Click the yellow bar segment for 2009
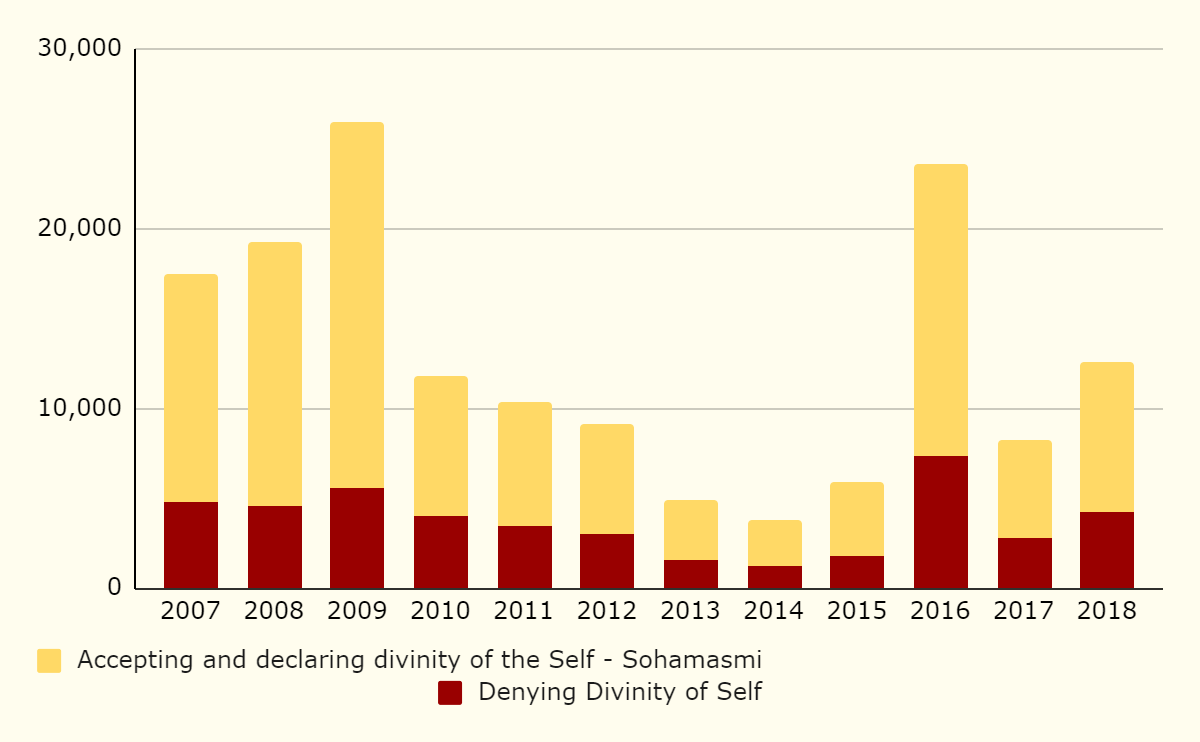(357, 305)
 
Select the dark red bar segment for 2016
(941, 522)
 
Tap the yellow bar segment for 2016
(941, 310)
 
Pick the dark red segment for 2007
(191, 545)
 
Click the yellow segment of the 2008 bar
(275, 374)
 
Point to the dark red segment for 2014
(775, 577)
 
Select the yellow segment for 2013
(691, 530)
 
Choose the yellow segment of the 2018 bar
(1107, 437)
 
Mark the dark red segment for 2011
(525, 557)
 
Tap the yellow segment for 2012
(607, 479)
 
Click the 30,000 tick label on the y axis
(79, 49)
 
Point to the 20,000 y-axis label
(79, 229)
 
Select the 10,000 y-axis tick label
(79, 409)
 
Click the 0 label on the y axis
(114, 589)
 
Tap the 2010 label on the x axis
(441, 611)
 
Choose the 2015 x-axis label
(857, 611)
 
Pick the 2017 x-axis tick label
(1024, 611)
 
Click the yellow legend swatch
(49, 661)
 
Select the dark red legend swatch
(450, 693)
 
